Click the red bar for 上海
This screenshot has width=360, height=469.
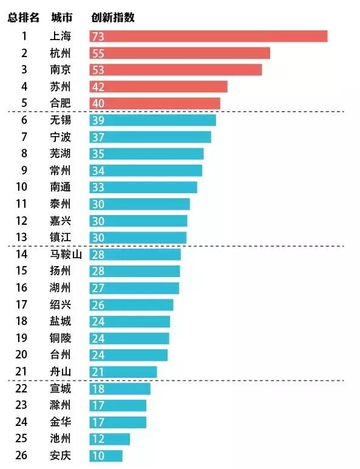[208, 36]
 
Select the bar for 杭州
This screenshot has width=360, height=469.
[180, 53]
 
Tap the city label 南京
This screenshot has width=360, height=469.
[61, 70]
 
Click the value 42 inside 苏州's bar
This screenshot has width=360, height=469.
[98, 87]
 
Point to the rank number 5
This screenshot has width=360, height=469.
[24, 103]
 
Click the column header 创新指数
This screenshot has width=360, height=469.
[112, 18]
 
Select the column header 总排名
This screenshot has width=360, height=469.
[24, 18]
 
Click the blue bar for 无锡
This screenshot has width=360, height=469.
[152, 120]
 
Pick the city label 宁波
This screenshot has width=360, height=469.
[61, 137]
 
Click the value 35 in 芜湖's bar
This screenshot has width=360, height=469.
[98, 154]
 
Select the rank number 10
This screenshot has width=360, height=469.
[24, 187]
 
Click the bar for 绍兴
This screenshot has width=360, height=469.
[131, 305]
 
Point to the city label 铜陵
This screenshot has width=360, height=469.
[61, 338]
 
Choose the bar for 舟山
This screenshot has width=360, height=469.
[123, 372]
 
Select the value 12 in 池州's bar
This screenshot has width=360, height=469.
[98, 439]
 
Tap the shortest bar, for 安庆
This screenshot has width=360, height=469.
[106, 456]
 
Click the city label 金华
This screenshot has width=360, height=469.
[61, 422]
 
